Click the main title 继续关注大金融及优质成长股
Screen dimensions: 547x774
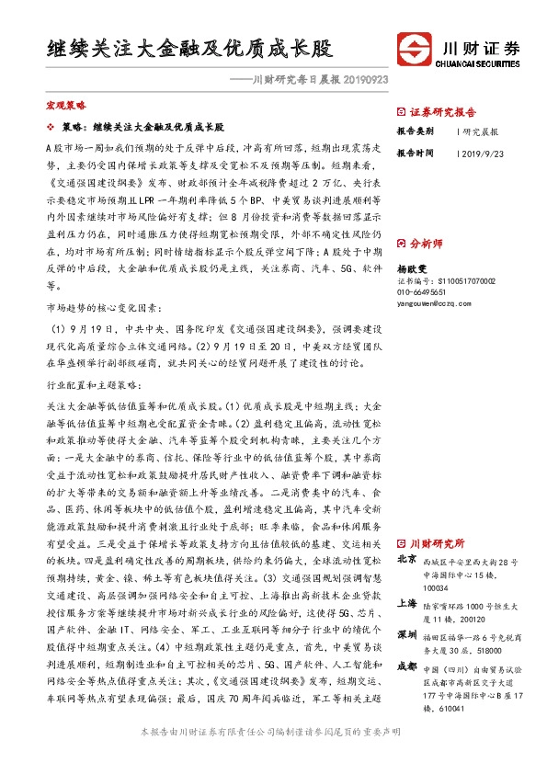(188, 48)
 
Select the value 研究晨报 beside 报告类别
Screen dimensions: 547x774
(480, 131)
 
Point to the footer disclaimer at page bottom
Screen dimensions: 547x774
(273, 757)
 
